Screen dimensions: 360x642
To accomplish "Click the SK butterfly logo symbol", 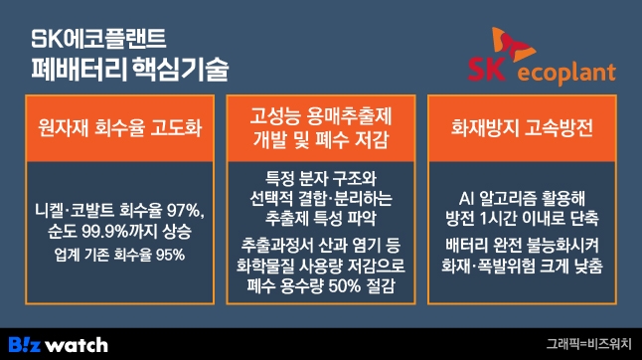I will (516, 45).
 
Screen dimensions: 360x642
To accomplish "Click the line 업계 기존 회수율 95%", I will (118, 254).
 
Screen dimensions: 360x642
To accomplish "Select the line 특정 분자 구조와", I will (320, 178).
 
